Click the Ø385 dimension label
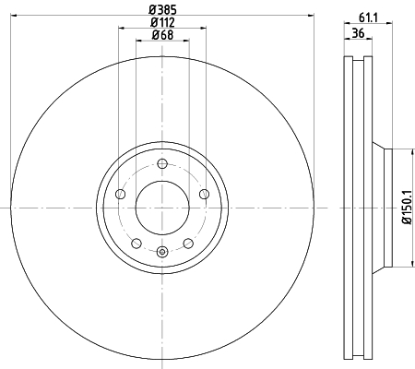pyautogui.click(x=162, y=9)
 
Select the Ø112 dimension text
pyautogui.click(x=162, y=22)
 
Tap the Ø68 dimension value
pyautogui.click(x=162, y=35)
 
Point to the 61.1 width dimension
pyautogui.click(x=368, y=18)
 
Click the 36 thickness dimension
pyautogui.click(x=358, y=32)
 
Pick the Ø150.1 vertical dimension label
pyautogui.click(x=407, y=208)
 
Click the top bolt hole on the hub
pyautogui.click(x=162, y=163)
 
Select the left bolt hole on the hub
pyautogui.click(x=121, y=194)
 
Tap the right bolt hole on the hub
pyautogui.click(x=204, y=194)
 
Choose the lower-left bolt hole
pyautogui.click(x=136, y=244)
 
